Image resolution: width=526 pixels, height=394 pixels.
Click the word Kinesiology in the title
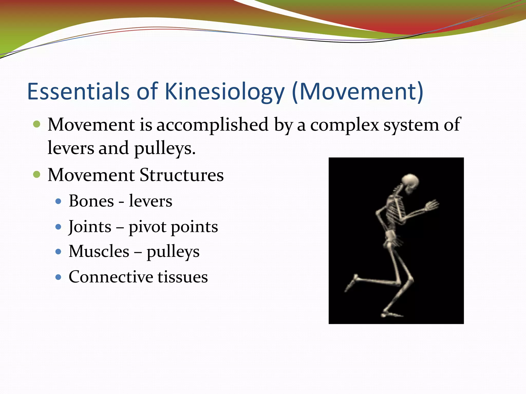(224, 92)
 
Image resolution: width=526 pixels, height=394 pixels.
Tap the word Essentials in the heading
(78, 92)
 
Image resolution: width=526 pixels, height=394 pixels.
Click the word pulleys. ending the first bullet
(165, 149)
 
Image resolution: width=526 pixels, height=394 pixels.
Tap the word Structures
(182, 175)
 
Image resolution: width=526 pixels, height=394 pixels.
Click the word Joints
(90, 227)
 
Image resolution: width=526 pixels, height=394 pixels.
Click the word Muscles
(99, 251)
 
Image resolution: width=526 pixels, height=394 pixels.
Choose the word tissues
(183, 277)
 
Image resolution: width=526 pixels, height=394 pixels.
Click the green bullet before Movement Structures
(37, 175)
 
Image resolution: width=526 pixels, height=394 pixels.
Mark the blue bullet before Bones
(58, 201)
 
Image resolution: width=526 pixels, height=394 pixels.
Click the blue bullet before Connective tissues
(58, 277)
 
